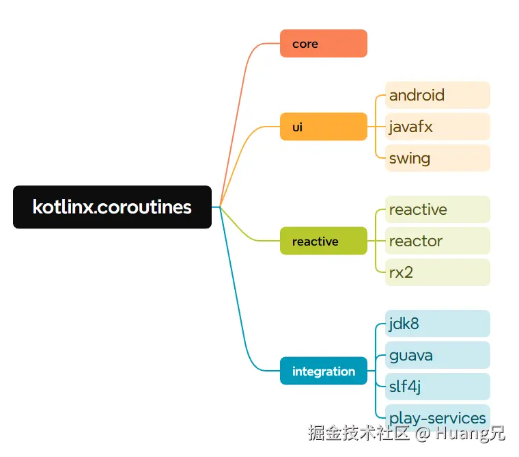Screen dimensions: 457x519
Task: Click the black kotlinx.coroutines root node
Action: click(112, 207)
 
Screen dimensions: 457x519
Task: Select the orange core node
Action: click(324, 44)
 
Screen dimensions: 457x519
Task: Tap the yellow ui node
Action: click(324, 127)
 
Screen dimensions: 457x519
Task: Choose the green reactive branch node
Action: click(324, 241)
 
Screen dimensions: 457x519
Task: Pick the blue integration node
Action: click(324, 371)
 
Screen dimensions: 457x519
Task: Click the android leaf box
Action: click(438, 95)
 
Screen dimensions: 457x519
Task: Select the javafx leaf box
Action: click(438, 127)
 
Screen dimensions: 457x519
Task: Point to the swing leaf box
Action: click(438, 158)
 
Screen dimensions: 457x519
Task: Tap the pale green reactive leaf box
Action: click(438, 209)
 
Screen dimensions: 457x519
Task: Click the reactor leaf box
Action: click(438, 241)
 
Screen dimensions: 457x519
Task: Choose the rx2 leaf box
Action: click(438, 272)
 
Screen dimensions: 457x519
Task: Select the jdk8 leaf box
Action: click(438, 324)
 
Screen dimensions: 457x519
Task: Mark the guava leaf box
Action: click(438, 355)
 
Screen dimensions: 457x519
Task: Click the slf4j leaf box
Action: click(438, 387)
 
